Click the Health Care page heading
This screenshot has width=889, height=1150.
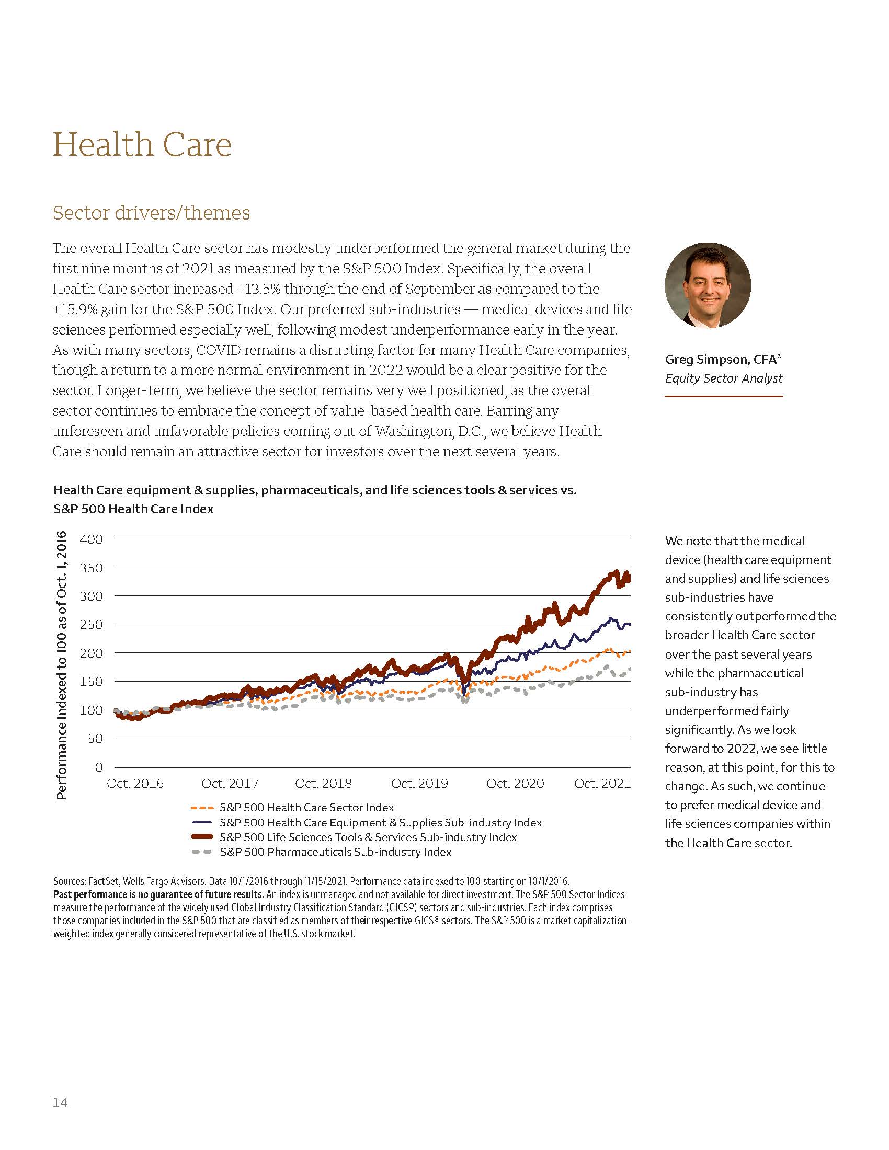[142, 144]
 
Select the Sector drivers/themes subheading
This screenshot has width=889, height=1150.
[151, 213]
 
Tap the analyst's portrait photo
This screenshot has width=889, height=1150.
[708, 285]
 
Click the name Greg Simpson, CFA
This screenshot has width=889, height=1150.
[723, 360]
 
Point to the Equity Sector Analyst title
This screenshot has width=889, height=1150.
[723, 378]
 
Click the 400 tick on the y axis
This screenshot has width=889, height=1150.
[91, 539]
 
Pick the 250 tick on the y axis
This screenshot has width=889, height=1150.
[91, 625]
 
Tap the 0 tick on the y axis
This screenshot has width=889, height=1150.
[98, 767]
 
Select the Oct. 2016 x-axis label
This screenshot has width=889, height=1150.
[135, 784]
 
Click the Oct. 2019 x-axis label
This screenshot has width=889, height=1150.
[419, 784]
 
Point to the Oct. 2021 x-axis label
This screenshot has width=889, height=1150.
[602, 784]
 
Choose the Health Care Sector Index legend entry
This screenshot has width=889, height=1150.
[306, 807]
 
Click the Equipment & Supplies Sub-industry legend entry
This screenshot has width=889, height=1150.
[380, 822]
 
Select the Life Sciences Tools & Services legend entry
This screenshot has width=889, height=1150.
[368, 837]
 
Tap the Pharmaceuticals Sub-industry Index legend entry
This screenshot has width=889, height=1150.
[336, 852]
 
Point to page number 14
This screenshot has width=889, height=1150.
[60, 1102]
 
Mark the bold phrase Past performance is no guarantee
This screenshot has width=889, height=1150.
[158, 894]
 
